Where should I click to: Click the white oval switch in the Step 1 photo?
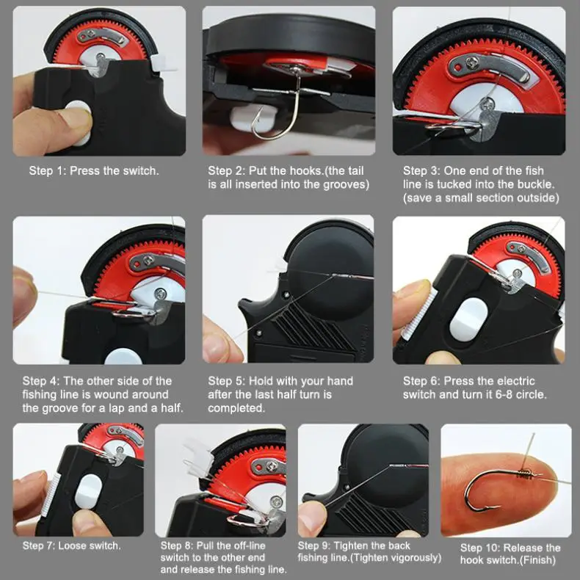click(x=76, y=120)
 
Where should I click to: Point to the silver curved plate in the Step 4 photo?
click(x=156, y=261)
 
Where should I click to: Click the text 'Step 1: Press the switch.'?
click(x=94, y=170)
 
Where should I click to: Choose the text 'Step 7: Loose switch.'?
click(x=72, y=545)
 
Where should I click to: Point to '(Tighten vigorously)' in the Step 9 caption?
click(x=401, y=558)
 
